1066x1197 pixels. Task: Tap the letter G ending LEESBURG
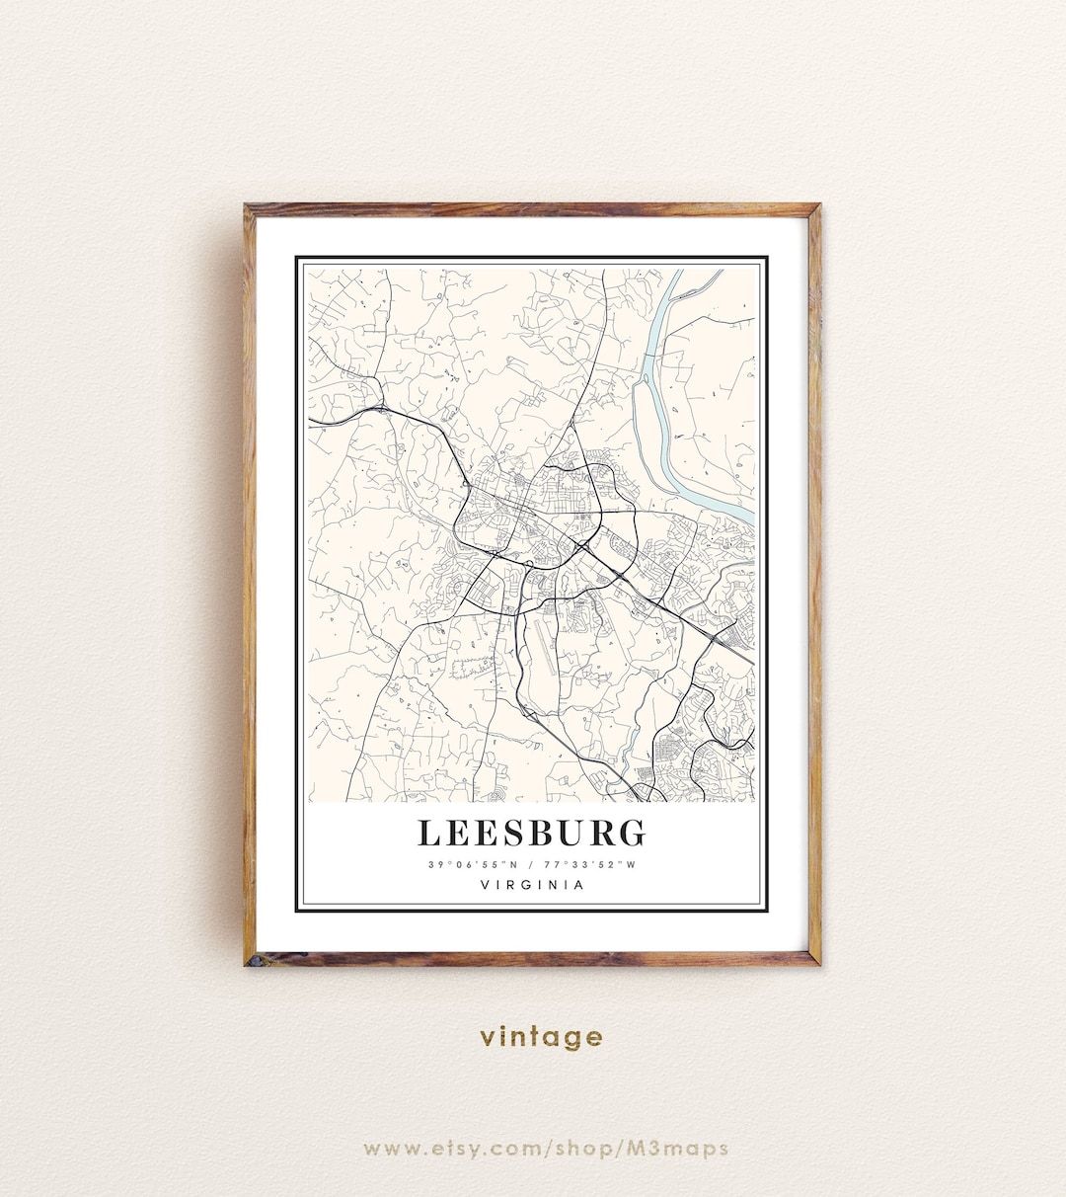point(632,833)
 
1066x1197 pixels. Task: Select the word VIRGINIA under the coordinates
point(532,885)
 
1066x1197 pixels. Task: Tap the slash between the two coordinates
point(532,865)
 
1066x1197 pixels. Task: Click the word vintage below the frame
point(541,1036)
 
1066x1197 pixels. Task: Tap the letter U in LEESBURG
point(569,833)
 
